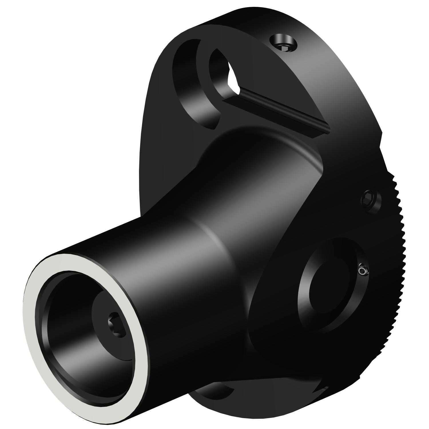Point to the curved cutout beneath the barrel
point(214,392)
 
